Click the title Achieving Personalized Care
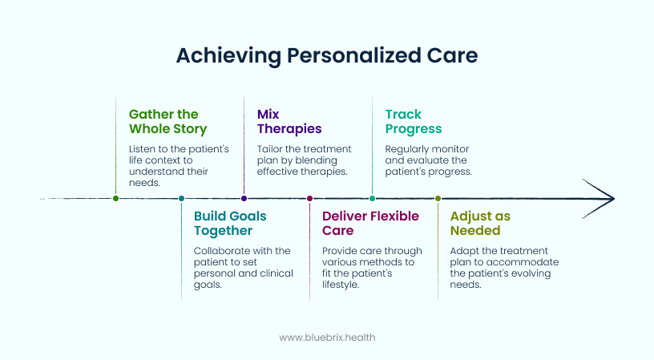pyautogui.click(x=326, y=55)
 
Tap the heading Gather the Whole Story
pyautogui.click(x=168, y=121)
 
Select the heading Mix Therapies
pyautogui.click(x=289, y=121)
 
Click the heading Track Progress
pyautogui.click(x=413, y=121)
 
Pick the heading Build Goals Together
pyautogui.click(x=230, y=223)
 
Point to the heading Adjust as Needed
pyautogui.click(x=480, y=223)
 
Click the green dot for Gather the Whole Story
pyautogui.click(x=116, y=198)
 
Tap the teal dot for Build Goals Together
pyautogui.click(x=182, y=198)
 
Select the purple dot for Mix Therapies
pyautogui.click(x=244, y=198)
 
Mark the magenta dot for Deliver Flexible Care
pyautogui.click(x=310, y=198)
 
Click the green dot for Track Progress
pyautogui.click(x=372, y=198)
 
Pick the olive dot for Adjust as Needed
pyautogui.click(x=438, y=198)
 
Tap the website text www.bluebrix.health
pyautogui.click(x=326, y=338)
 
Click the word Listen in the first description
pyautogui.click(x=143, y=149)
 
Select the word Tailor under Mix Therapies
pyautogui.click(x=271, y=149)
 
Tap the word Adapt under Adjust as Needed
pyautogui.click(x=465, y=251)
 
